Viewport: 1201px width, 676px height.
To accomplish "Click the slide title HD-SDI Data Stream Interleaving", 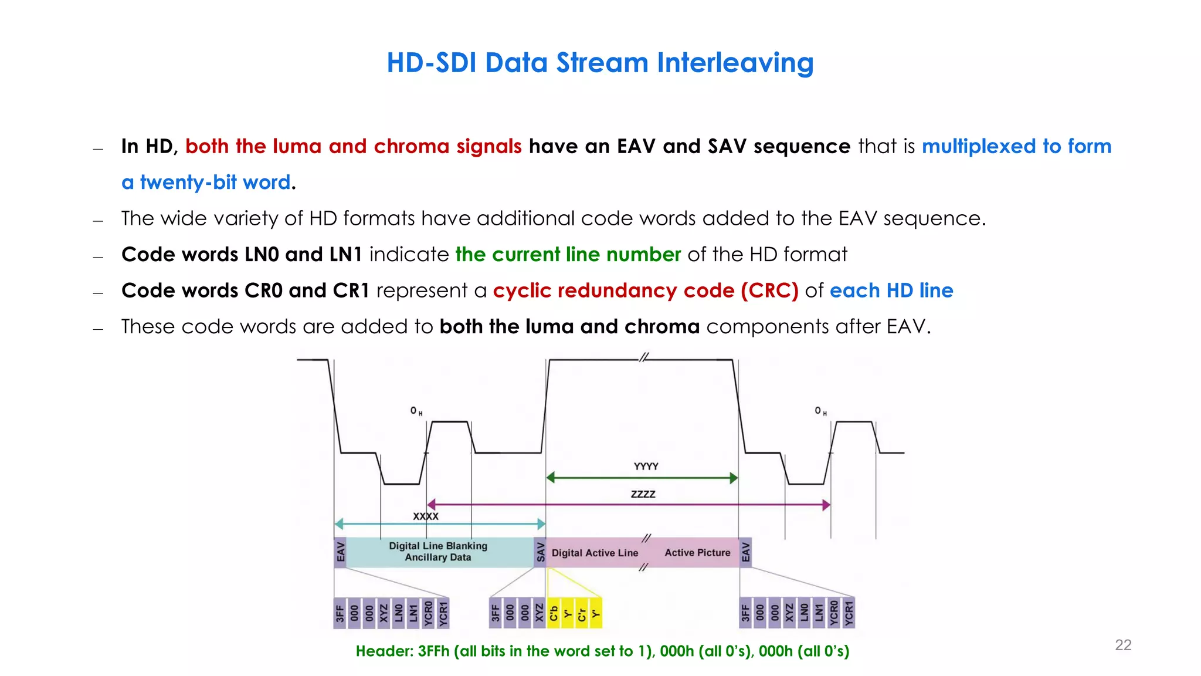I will [600, 63].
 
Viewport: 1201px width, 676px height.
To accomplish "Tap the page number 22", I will [1122, 645].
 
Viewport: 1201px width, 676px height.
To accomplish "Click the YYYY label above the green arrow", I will [646, 467].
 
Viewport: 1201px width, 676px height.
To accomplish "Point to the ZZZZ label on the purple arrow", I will [643, 494].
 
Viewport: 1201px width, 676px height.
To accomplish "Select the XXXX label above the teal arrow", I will [426, 516].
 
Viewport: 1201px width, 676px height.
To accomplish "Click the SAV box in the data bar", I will [540, 552].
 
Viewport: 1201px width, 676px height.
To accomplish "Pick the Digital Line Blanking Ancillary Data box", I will [439, 552].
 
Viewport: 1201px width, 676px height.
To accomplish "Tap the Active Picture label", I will [697, 553].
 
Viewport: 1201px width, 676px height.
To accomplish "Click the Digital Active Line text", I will [595, 553].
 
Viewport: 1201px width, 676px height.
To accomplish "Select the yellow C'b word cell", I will [554, 613].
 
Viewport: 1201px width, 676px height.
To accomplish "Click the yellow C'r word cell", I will [582, 613].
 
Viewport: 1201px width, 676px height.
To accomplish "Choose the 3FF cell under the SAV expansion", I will [496, 613].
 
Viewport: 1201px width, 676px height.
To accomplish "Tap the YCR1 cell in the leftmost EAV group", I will [443, 613].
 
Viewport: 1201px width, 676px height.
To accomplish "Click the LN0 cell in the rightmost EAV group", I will [804, 613].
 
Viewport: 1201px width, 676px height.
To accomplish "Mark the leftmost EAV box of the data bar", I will [340, 552].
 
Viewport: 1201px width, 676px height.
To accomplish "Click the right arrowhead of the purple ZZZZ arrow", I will [826, 505].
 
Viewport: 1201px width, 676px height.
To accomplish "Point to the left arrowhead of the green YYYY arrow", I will [550, 478].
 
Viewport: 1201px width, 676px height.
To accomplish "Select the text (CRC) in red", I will [769, 290].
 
